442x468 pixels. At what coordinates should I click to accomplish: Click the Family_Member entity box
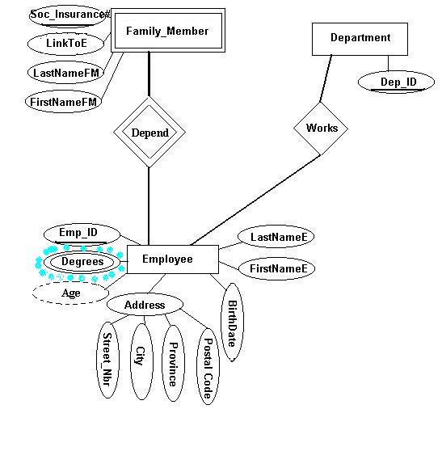pyautogui.click(x=168, y=31)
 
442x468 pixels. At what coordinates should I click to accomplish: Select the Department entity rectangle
pyautogui.click(x=360, y=39)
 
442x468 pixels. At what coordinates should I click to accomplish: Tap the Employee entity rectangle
pyautogui.click(x=173, y=259)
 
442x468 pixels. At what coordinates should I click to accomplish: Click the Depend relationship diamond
pyautogui.click(x=149, y=133)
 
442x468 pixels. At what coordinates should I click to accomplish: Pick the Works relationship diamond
pyautogui.click(x=321, y=129)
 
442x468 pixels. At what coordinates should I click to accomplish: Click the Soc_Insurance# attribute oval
pyautogui.click(x=69, y=15)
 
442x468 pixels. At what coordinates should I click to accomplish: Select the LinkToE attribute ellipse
pyautogui.click(x=66, y=44)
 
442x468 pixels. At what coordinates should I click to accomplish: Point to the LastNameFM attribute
pyautogui.click(x=66, y=73)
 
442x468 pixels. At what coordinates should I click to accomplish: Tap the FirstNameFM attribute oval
pyautogui.click(x=64, y=102)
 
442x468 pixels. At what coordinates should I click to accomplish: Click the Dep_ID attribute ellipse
pyautogui.click(x=396, y=82)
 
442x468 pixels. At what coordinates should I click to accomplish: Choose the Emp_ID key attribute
pyautogui.click(x=82, y=234)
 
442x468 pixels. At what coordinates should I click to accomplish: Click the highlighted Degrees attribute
pyautogui.click(x=82, y=262)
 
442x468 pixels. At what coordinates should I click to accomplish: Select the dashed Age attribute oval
pyautogui.click(x=71, y=293)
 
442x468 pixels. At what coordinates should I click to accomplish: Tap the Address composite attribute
pyautogui.click(x=145, y=305)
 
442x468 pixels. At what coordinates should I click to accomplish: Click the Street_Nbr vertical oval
pyautogui.click(x=107, y=360)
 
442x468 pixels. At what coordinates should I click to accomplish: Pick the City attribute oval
pyautogui.click(x=141, y=361)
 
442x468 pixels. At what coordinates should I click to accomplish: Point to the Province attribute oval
pyautogui.click(x=173, y=363)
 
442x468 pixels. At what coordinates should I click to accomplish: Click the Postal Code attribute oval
pyautogui.click(x=208, y=366)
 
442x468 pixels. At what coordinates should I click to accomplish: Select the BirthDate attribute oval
pyautogui.click(x=233, y=323)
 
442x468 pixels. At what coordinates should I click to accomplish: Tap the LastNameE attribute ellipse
pyautogui.click(x=276, y=236)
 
